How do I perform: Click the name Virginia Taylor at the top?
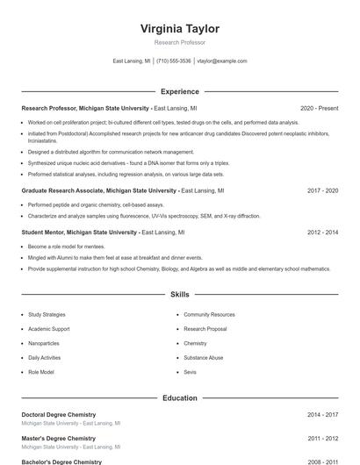(179, 28)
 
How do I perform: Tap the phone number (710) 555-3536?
(174, 61)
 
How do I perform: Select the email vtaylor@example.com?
(222, 61)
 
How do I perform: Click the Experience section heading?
(179, 91)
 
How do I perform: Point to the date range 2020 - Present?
(319, 108)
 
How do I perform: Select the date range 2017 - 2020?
(322, 190)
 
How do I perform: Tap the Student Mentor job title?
(79, 232)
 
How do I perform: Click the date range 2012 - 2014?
(322, 232)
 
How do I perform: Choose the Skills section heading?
(179, 295)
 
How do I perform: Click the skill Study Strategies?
(47, 314)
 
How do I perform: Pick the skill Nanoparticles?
(44, 343)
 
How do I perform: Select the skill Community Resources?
(209, 314)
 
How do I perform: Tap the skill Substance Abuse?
(204, 358)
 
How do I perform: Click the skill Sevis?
(191, 372)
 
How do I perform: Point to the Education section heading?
(179, 397)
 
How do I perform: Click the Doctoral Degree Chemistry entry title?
(58, 414)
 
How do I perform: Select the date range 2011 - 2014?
(322, 438)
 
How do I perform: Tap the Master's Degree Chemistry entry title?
(58, 438)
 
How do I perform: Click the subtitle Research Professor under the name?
(179, 42)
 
